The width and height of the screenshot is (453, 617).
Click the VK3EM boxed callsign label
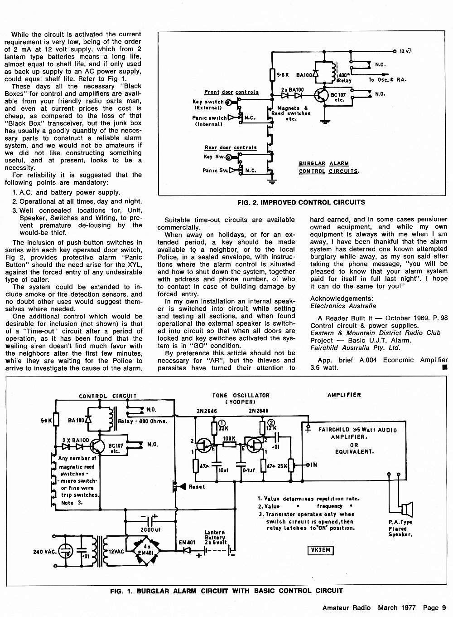320,550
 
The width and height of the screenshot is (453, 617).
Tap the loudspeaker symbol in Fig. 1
407,509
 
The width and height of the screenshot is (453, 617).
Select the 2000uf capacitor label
150,529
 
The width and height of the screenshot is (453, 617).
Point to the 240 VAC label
44,552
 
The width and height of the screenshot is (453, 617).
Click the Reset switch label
197,487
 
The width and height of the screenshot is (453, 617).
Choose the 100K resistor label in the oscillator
229,438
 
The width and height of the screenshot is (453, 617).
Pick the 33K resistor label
223,428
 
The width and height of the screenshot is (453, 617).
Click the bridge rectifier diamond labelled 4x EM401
147,551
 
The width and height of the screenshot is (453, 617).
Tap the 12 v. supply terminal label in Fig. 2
405,51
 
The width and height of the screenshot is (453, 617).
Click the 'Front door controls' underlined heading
231,92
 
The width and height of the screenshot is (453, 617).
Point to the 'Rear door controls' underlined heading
231,147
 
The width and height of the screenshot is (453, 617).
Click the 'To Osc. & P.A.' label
387,79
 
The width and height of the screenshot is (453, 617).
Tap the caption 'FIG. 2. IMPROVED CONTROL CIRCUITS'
301,202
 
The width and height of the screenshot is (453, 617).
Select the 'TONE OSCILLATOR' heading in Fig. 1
241,395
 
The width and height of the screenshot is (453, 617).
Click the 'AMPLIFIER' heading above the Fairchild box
344,395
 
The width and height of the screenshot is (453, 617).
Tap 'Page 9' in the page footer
434,607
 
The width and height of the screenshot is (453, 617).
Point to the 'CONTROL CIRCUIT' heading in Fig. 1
108,396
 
